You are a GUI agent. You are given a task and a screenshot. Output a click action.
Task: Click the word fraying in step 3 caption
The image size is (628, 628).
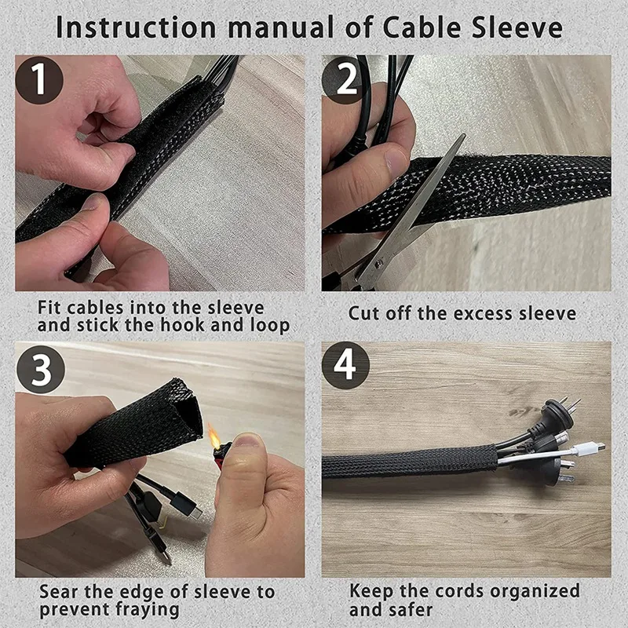click(x=145, y=609)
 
